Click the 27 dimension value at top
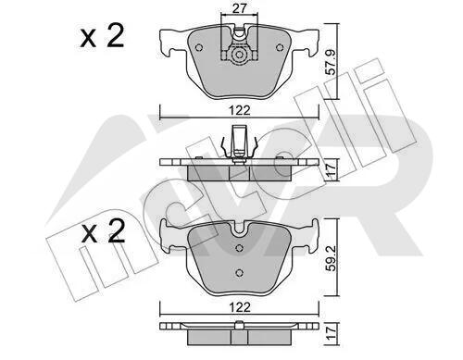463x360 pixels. (239, 8)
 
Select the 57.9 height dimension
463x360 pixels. (331, 62)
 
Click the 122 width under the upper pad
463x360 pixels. (240, 110)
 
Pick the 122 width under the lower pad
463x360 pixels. (240, 307)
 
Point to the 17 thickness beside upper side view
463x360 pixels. (331, 170)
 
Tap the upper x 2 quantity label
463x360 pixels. (102, 36)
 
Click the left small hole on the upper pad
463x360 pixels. (199, 47)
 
